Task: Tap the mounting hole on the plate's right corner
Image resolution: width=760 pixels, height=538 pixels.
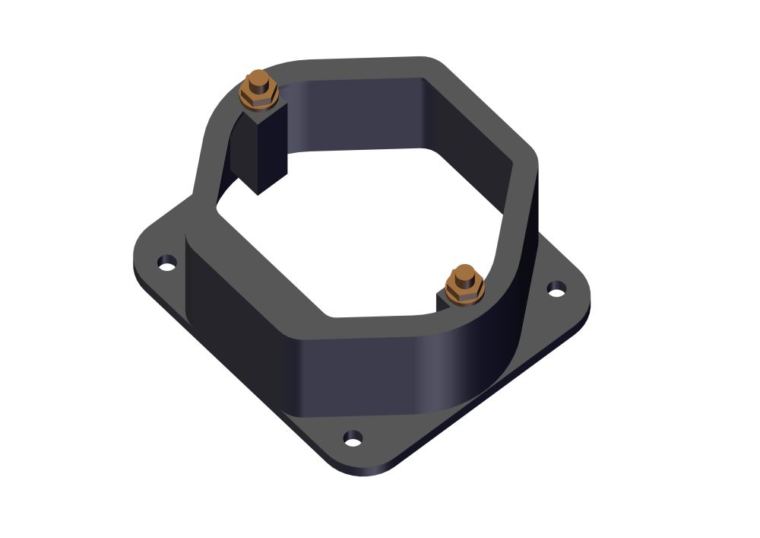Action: click(x=557, y=289)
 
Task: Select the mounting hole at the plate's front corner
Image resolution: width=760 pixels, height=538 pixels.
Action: click(x=353, y=438)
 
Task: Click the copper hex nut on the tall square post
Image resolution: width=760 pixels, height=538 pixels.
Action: click(x=258, y=93)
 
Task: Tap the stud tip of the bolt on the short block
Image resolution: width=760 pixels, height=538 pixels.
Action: click(x=463, y=272)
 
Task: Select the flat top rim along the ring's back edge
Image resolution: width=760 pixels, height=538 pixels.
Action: click(x=357, y=67)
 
